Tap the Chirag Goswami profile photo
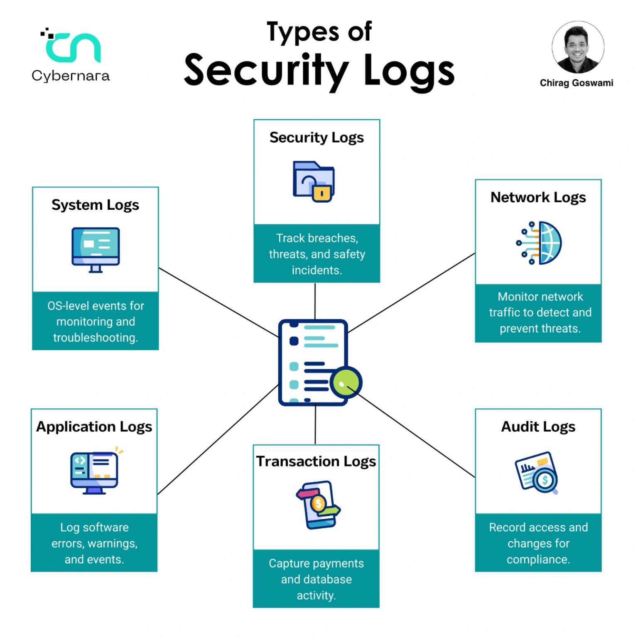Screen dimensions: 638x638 tap(578, 47)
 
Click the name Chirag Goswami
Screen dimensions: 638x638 tap(577, 83)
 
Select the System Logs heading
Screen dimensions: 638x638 tap(95, 205)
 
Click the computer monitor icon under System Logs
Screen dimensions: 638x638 tap(96, 250)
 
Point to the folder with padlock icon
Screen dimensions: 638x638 tap(314, 182)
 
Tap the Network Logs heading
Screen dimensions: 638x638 tap(538, 198)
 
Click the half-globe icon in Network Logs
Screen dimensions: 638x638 tap(539, 243)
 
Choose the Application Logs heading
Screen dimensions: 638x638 tap(94, 427)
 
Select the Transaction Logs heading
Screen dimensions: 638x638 tap(316, 461)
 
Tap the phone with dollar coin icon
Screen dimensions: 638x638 tap(318, 505)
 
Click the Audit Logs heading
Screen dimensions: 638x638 tap(538, 427)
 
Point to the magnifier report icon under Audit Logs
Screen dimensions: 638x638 tap(536, 473)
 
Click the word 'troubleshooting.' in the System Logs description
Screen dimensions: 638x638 tap(96, 338)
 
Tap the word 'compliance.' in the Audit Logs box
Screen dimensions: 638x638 tap(538, 559)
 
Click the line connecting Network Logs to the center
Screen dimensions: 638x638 tap(411, 293)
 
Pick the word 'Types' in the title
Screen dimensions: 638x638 tap(303, 32)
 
